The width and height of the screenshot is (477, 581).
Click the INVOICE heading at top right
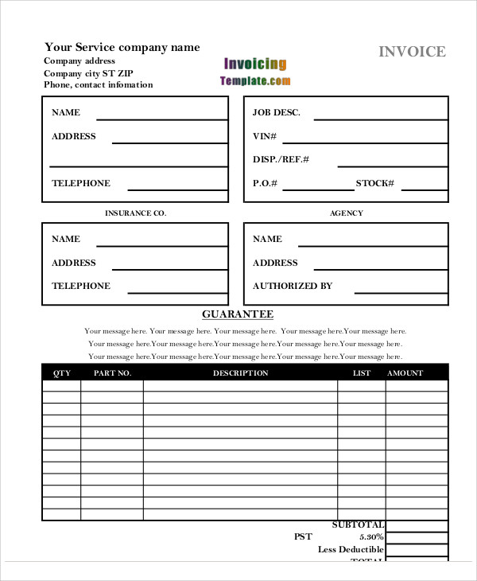(412, 52)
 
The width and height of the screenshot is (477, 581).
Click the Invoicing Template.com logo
(255, 72)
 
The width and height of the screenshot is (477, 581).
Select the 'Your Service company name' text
(122, 47)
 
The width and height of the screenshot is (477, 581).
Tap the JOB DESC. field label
(277, 113)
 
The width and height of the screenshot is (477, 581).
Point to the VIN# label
(265, 136)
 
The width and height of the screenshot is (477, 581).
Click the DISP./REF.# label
(281, 160)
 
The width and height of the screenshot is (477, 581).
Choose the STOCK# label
(374, 184)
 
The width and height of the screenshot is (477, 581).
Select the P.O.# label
(265, 184)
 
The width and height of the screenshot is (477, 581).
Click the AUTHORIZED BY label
(293, 286)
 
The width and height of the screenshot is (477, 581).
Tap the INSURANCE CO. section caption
(135, 213)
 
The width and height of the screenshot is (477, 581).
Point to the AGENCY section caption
(346, 213)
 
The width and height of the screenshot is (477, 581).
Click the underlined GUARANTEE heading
(238, 314)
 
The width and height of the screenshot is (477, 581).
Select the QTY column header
(61, 372)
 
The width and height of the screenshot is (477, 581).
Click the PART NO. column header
(112, 372)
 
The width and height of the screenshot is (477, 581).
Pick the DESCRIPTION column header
(240, 372)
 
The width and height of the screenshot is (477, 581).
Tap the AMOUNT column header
(405, 372)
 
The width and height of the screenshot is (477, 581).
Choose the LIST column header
(361, 372)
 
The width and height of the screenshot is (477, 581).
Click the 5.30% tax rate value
(370, 537)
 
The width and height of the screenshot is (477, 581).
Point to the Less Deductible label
(351, 549)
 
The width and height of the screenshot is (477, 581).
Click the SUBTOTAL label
(358, 524)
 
